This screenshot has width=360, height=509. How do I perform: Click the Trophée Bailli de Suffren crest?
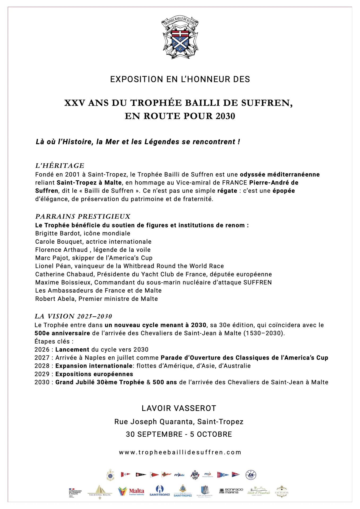coord(180,37)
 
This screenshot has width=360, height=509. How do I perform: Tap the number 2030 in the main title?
coord(225,116)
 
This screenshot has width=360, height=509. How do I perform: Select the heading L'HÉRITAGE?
coord(60,166)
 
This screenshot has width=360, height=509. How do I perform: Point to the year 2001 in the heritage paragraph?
coord(72,174)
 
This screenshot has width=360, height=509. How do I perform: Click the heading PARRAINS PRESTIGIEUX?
coord(83,217)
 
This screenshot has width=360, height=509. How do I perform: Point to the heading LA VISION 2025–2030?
coord(73,316)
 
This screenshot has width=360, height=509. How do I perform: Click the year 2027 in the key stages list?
coord(42,358)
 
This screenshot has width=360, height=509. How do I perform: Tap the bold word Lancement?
coord(72,349)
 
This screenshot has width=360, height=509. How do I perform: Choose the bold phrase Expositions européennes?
coord(94,374)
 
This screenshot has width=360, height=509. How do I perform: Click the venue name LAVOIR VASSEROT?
coord(179,408)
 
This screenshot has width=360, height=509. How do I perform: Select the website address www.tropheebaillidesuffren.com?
coord(180,452)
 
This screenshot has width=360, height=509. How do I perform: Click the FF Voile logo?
coord(179,475)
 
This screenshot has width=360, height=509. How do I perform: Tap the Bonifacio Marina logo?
coord(231,491)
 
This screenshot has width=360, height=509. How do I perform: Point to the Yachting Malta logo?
coord(100,492)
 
